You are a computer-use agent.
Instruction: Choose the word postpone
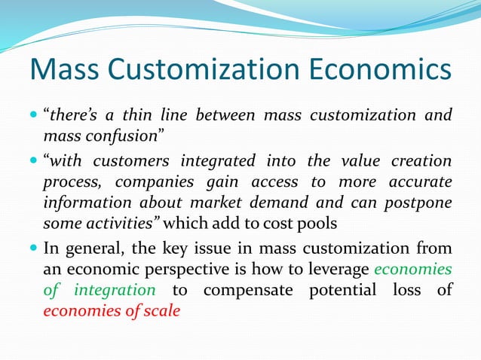point(415,203)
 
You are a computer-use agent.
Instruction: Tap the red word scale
point(162,311)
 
